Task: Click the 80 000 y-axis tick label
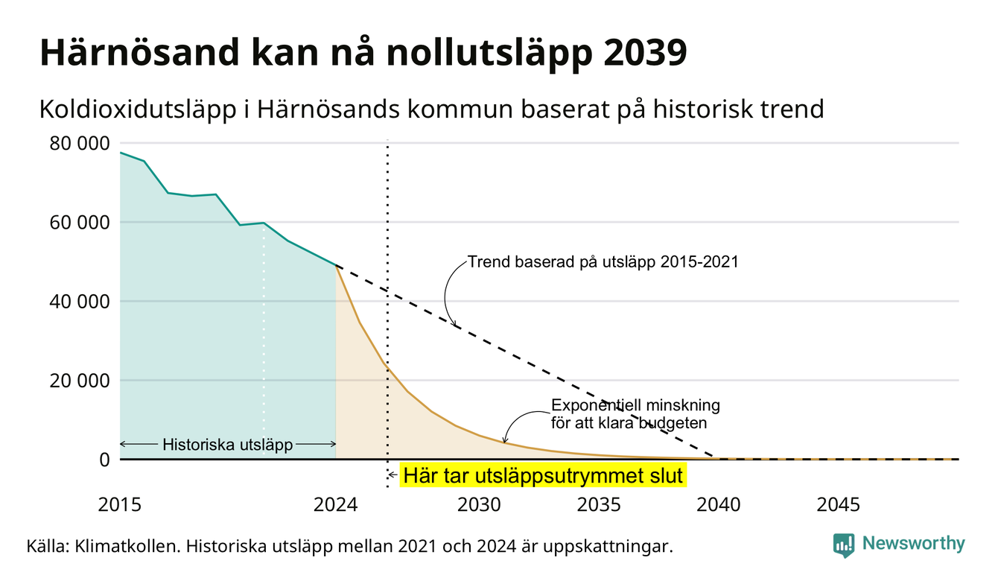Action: tap(79, 144)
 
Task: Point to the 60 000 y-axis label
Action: tap(79, 222)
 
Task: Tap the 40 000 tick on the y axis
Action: tap(79, 302)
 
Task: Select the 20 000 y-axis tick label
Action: tap(79, 381)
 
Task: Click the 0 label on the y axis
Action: tap(104, 460)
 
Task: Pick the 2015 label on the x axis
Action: tap(119, 505)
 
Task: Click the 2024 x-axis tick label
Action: tap(335, 505)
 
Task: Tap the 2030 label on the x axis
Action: tap(480, 505)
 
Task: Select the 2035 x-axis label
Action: tap(599, 505)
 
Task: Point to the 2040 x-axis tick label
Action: tap(719, 505)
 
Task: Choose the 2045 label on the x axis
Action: tap(838, 505)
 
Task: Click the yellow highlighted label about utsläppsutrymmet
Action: tap(543, 475)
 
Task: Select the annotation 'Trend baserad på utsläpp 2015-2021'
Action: tap(603, 262)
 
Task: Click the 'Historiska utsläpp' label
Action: tap(227, 445)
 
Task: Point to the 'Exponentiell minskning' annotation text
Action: tap(636, 405)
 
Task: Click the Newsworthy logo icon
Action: tap(844, 545)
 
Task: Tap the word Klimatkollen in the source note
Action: tap(128, 546)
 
